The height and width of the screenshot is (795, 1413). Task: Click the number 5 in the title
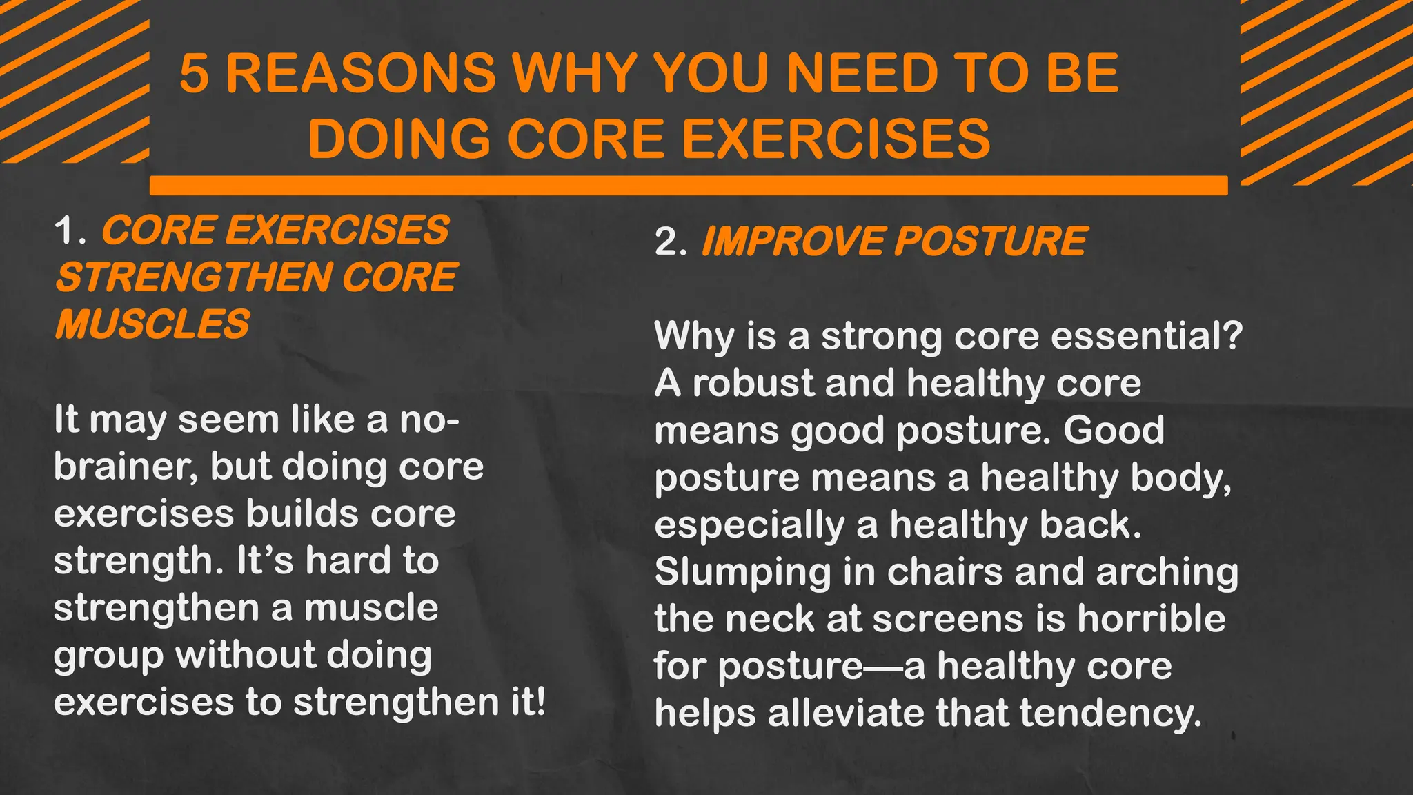coord(194,73)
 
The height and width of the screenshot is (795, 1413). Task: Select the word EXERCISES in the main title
coord(836,138)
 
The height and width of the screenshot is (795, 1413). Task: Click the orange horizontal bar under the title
coord(688,185)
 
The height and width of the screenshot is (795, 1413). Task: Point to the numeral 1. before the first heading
coord(70,230)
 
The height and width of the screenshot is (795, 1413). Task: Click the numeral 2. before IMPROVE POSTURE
coord(671,242)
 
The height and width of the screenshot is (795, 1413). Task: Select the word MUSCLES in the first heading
coord(152,324)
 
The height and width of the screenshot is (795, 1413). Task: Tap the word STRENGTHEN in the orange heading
coord(192,277)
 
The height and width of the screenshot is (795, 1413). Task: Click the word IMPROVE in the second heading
coord(793,242)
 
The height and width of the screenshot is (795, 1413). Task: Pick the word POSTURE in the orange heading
coord(991,242)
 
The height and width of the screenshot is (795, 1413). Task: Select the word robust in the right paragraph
coord(753,383)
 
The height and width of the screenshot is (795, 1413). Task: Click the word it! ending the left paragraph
coord(528,702)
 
